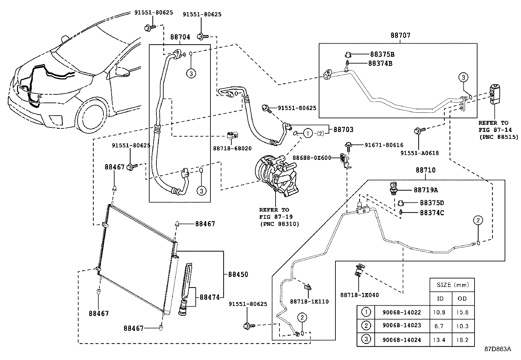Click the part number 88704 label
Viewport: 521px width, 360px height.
coord(180,37)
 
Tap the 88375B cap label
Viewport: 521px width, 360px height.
coord(382,54)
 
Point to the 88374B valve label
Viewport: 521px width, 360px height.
coord(380,63)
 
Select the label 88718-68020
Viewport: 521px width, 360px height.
coord(232,148)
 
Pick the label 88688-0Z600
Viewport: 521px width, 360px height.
coord(312,158)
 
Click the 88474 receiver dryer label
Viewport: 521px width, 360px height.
coord(209,297)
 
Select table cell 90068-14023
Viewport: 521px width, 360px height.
coord(401,326)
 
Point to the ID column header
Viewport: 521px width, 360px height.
coord(440,298)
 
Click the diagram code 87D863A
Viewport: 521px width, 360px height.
coord(497,349)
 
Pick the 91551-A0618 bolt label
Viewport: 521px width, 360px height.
coord(419,153)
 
